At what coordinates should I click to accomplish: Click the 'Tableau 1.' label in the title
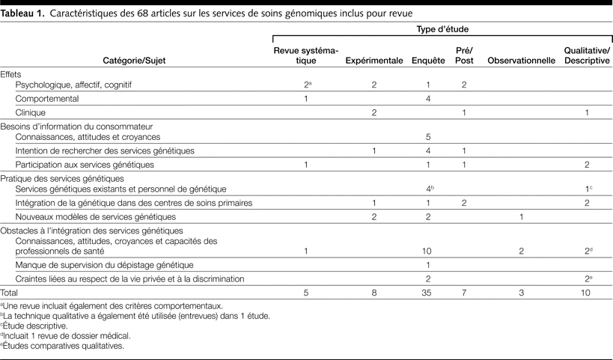coord(23,14)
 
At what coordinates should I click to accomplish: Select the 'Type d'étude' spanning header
coord(442,28)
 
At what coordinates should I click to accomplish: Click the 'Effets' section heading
coord(12,75)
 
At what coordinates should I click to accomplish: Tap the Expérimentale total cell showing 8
coord(374,293)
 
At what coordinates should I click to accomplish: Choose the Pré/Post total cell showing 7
coord(464,293)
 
